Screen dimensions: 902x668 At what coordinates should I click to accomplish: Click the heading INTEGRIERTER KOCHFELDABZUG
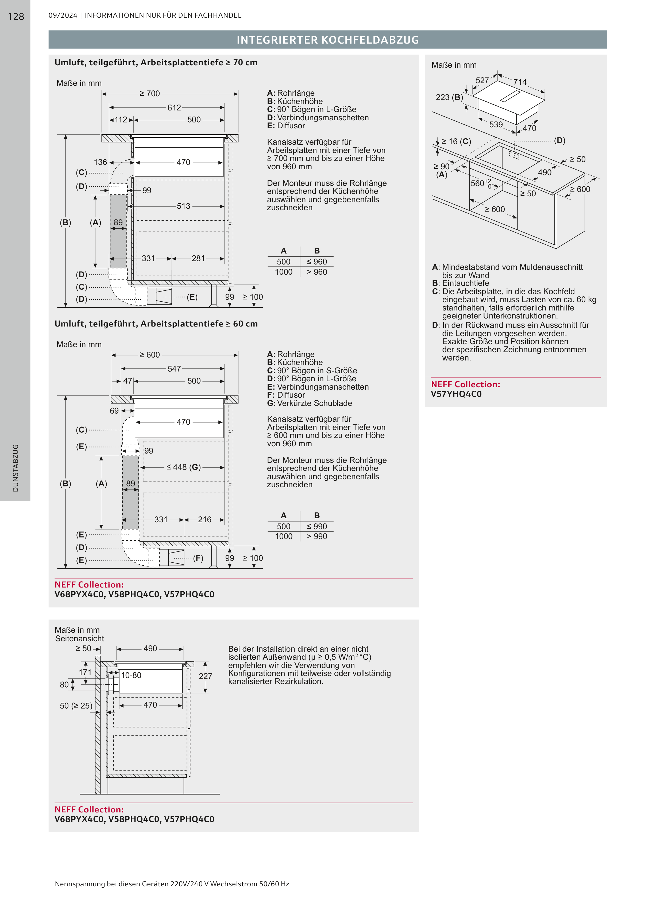[327, 40]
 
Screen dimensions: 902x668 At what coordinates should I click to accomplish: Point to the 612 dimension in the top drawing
[174, 108]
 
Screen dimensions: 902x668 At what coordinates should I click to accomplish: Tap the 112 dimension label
[121, 120]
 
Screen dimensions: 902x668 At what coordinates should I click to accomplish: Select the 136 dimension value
[100, 162]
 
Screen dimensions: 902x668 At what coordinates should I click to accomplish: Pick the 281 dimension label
[198, 259]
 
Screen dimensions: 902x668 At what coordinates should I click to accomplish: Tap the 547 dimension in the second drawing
[174, 369]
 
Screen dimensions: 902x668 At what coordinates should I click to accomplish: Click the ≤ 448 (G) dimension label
[184, 467]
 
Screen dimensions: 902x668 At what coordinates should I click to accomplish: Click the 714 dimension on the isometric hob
[520, 82]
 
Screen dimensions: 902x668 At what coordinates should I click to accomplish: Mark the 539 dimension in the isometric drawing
[496, 125]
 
